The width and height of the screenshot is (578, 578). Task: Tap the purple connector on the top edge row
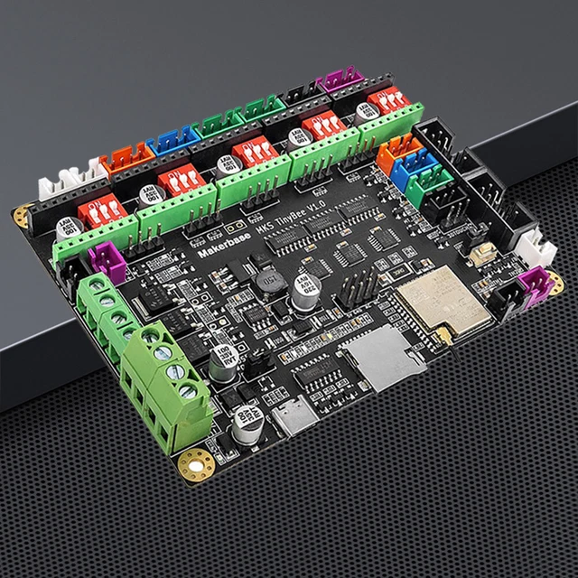click(x=340, y=81)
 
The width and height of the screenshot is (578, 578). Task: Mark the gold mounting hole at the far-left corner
click(x=22, y=216)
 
